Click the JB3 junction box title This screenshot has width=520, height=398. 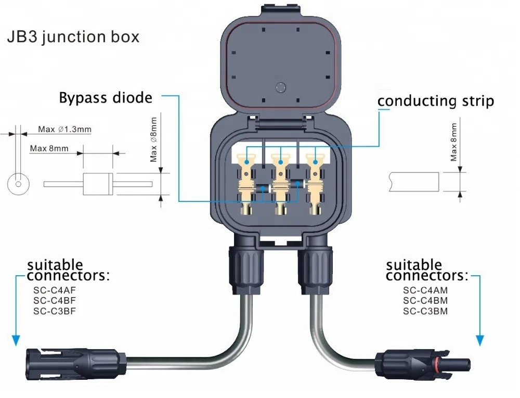pos(73,38)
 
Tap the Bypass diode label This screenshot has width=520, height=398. pos(106,98)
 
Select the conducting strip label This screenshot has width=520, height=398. pos(435,100)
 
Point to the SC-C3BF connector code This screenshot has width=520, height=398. pos(55,311)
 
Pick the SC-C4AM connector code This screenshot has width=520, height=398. pos(425,290)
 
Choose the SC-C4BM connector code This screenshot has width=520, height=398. pos(425,301)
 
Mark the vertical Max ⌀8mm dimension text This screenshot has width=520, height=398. pos(154,139)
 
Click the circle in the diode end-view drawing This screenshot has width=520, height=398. pos(18,184)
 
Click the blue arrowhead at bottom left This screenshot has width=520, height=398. pos(16,341)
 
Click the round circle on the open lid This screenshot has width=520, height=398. pos(281,88)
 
